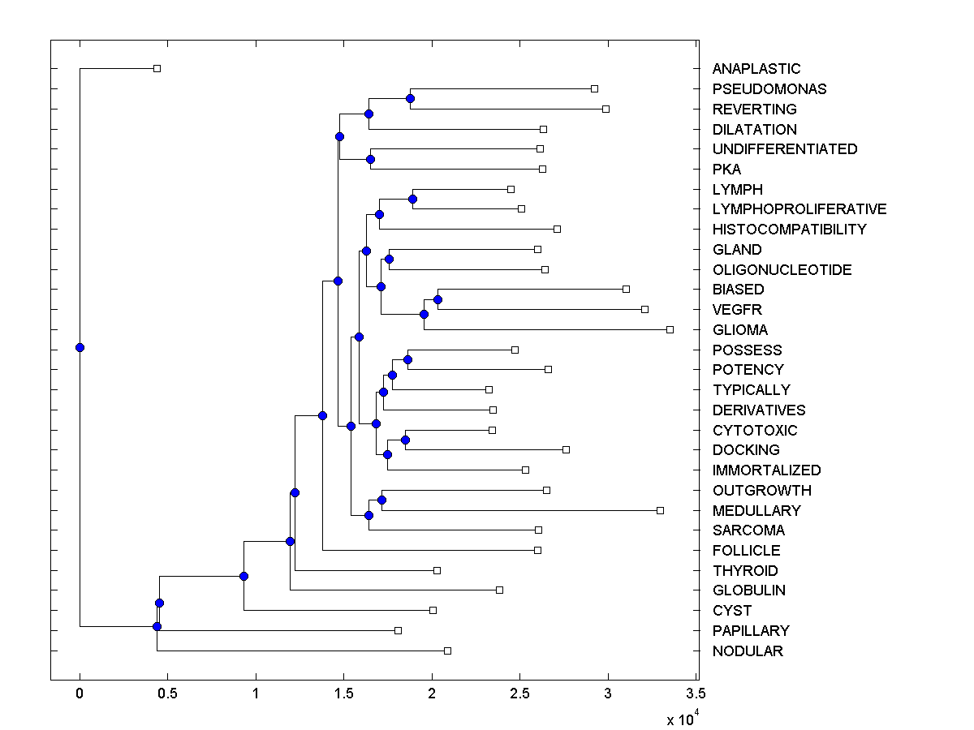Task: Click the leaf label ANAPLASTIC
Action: click(756, 69)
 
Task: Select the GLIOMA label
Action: click(740, 330)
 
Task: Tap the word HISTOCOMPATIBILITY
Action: click(789, 230)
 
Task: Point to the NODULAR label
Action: click(748, 651)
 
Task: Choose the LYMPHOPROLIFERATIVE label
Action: click(799, 209)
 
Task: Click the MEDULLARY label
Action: click(756, 511)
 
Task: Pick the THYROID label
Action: click(745, 571)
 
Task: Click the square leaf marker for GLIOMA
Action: click(670, 329)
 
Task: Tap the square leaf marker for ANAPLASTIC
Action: click(157, 68)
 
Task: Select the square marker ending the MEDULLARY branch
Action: click(660, 510)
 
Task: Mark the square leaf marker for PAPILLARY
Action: click(398, 630)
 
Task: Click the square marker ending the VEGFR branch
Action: click(645, 309)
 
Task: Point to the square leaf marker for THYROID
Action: click(437, 570)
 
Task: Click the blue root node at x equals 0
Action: click(80, 347)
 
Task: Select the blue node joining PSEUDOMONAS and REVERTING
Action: click(410, 98)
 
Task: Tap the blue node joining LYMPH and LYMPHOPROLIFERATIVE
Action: click(412, 199)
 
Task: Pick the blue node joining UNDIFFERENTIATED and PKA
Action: click(370, 159)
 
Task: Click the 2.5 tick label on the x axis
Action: click(520, 693)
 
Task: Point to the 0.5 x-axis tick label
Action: click(167, 693)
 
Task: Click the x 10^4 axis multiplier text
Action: click(681, 719)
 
